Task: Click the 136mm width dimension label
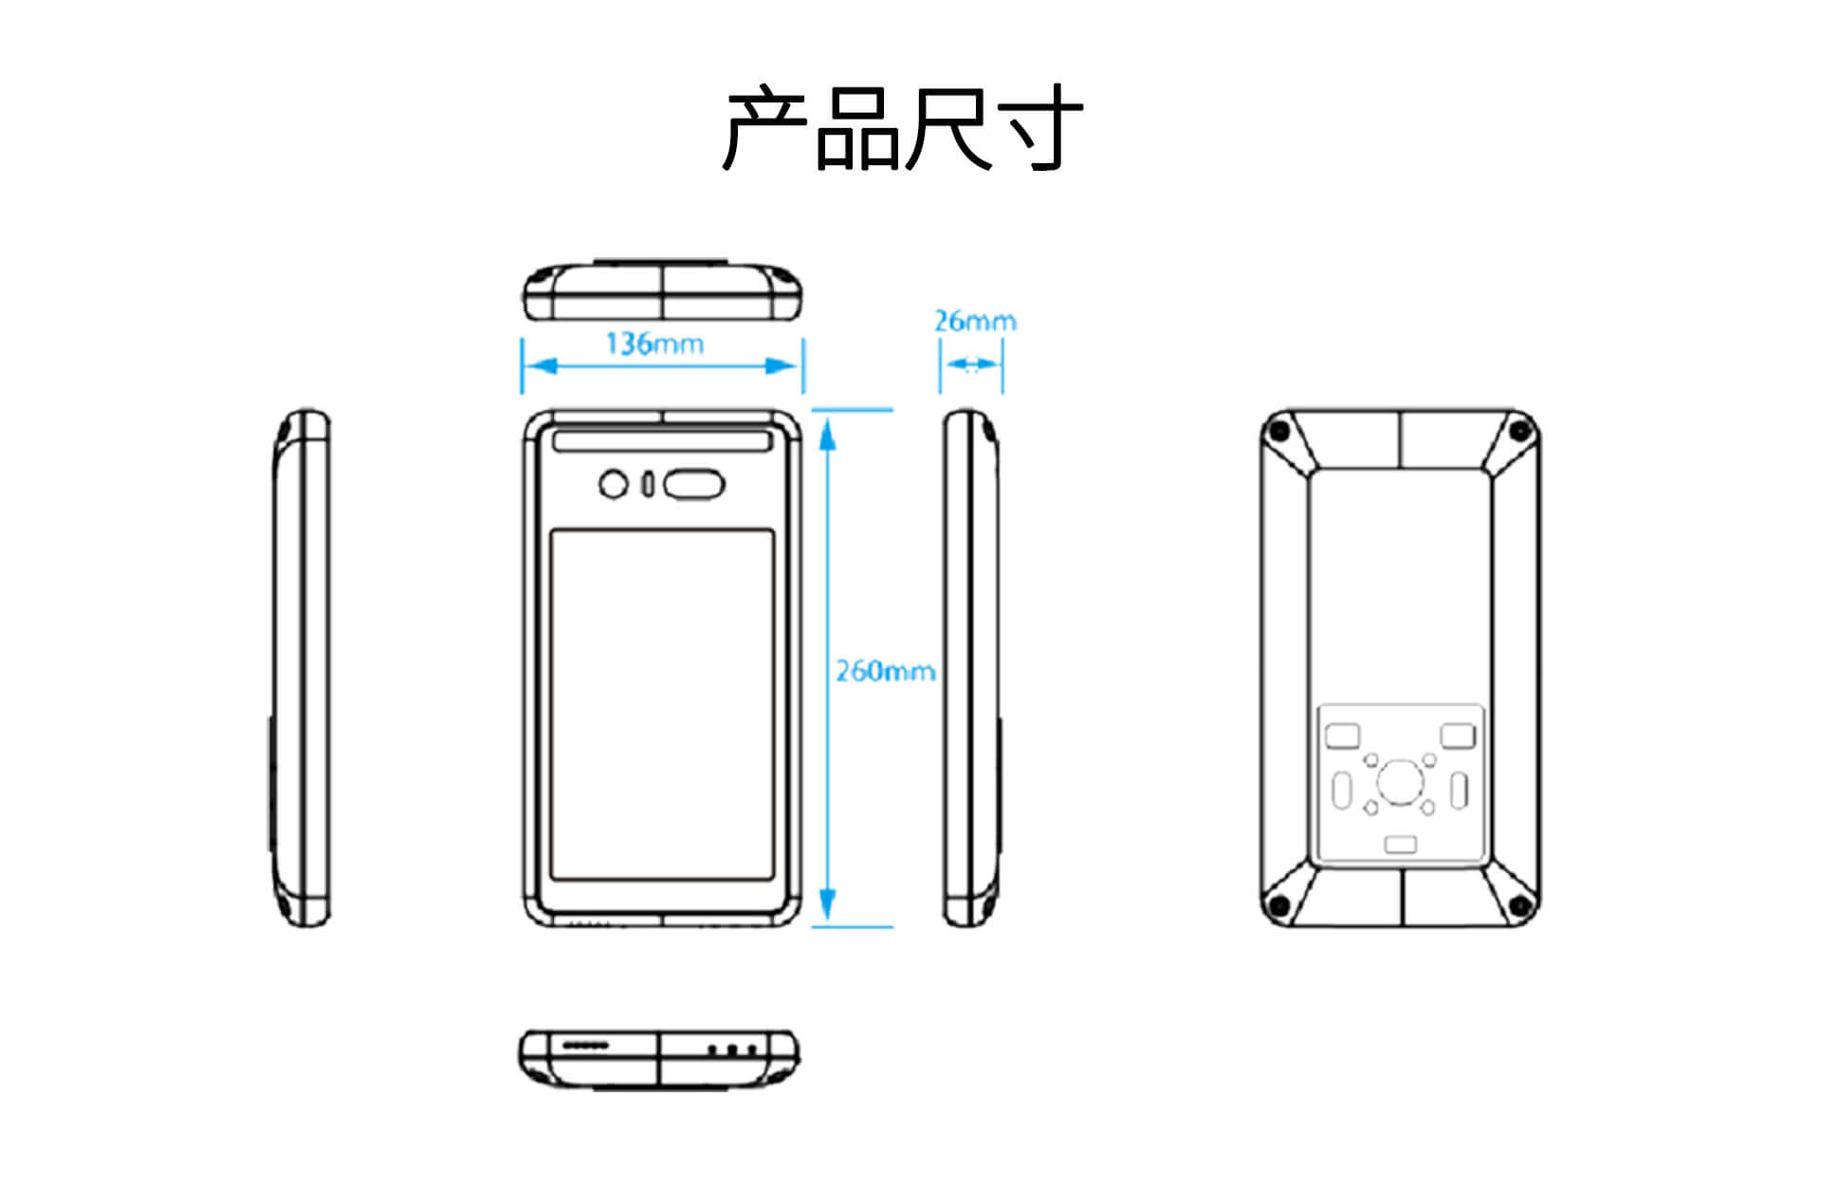pos(654,343)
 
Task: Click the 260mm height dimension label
pos(884,671)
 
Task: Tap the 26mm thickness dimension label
pos(974,321)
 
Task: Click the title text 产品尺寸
pos(902,128)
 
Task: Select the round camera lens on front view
pos(614,485)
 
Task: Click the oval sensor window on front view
pos(693,485)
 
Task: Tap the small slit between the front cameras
pos(648,485)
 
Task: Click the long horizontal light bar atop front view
pos(662,441)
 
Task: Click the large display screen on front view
pos(662,704)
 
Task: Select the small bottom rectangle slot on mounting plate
pos(1400,844)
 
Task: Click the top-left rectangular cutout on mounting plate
pos(1342,735)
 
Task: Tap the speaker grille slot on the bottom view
pos(585,1045)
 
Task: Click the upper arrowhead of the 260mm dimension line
pos(827,435)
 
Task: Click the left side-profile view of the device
pos(302,668)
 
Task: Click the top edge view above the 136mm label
pos(662,291)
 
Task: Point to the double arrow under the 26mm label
pos(971,364)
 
